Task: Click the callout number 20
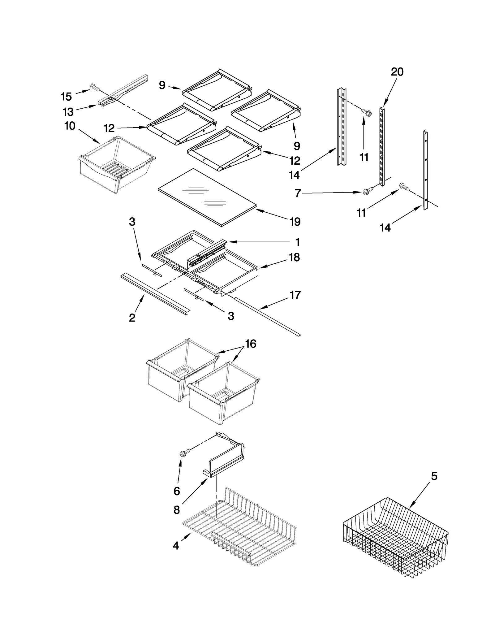coord(397,72)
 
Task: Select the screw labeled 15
coord(94,88)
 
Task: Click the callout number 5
coord(434,476)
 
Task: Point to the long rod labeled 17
coord(266,316)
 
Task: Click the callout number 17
coord(295,295)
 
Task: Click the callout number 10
coord(70,126)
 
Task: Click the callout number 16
coord(251,344)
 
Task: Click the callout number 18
coord(294,257)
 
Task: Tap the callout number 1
coord(297,242)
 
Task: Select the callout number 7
coord(297,193)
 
